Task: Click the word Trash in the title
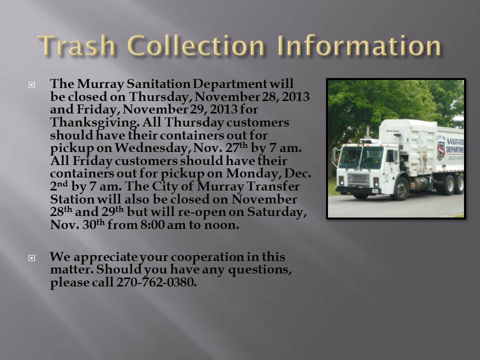tap(76, 45)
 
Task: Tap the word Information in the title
tap(359, 45)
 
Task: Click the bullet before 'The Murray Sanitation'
tap(32, 85)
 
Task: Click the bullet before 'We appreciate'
tap(32, 258)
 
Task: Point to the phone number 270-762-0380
tap(156, 282)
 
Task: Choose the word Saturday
tap(276, 212)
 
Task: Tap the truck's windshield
tap(361, 157)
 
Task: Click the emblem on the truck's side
tap(441, 150)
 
